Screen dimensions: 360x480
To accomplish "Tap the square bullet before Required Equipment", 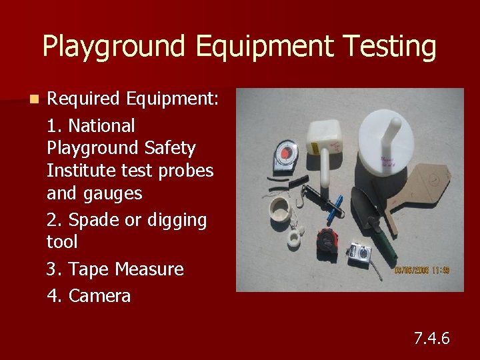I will point(33,99).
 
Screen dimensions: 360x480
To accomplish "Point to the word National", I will point(101,125).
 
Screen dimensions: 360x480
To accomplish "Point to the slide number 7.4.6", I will point(431,338).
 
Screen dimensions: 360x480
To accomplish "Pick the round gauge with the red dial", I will point(289,157).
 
